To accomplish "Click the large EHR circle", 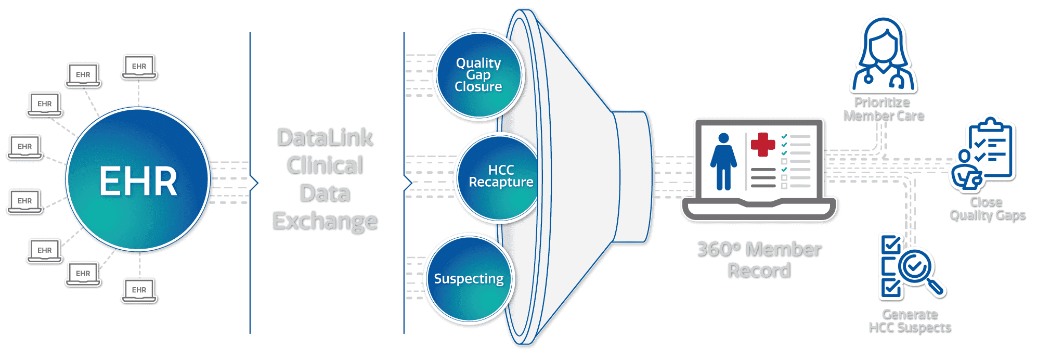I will [x=138, y=180].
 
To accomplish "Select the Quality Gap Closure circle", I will [x=478, y=75].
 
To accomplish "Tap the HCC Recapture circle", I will [x=499, y=177].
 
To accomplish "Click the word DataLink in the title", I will [x=325, y=138].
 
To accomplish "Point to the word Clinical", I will [x=325, y=165].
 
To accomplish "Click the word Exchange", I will [x=325, y=221].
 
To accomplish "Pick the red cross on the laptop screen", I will [x=763, y=144].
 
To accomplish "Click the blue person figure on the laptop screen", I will [x=723, y=161].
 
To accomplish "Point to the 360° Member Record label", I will [x=759, y=260].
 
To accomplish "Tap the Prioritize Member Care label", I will [x=883, y=109].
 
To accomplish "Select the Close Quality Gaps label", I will [x=987, y=208].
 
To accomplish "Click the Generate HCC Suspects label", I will [x=910, y=320].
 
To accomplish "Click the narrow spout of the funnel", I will [x=632, y=177].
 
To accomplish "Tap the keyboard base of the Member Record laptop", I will [x=759, y=210].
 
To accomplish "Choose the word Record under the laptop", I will [x=759, y=271].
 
